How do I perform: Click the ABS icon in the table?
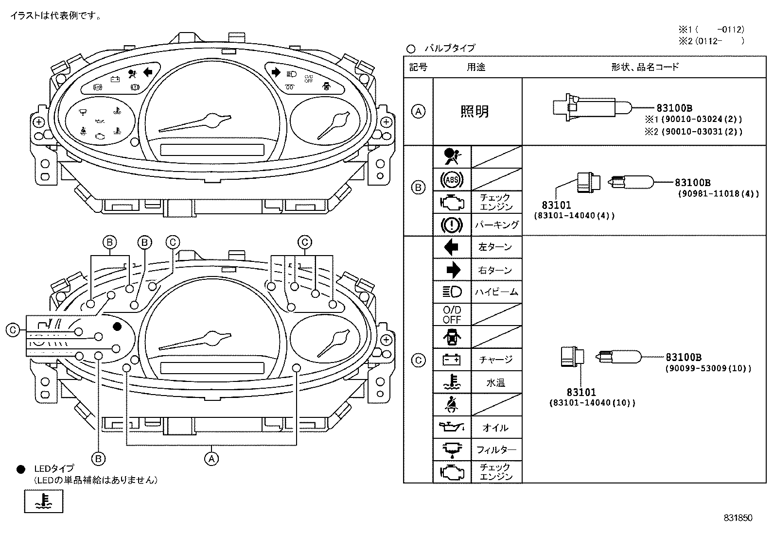click(452, 180)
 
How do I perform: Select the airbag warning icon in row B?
click(452, 157)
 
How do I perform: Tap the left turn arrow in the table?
click(452, 247)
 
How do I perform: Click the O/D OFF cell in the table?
click(452, 314)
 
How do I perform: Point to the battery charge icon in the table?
click(452, 360)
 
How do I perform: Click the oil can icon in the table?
click(452, 427)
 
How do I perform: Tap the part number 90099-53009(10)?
click(708, 368)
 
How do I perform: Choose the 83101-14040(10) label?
click(592, 403)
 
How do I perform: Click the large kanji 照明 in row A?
click(475, 112)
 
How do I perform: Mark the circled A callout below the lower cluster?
click(211, 458)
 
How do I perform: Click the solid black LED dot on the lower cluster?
click(117, 327)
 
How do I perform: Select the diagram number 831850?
click(738, 518)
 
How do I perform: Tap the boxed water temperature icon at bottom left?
click(44, 501)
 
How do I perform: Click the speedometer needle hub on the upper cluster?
click(212, 119)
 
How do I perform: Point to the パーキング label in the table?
click(496, 225)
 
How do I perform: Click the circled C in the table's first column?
click(418, 360)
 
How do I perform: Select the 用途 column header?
click(476, 67)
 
